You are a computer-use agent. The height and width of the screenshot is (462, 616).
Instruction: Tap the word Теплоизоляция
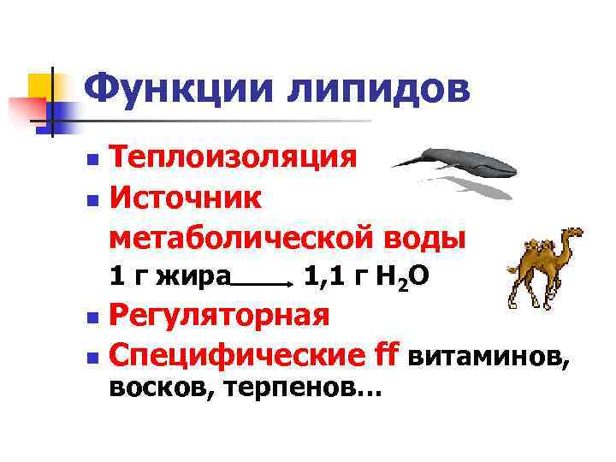[x=233, y=157]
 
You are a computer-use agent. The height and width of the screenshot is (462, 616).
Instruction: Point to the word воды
[x=427, y=236]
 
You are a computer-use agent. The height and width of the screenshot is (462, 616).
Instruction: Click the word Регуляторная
[x=220, y=314]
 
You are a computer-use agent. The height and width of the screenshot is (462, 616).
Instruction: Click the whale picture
[x=454, y=161]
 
